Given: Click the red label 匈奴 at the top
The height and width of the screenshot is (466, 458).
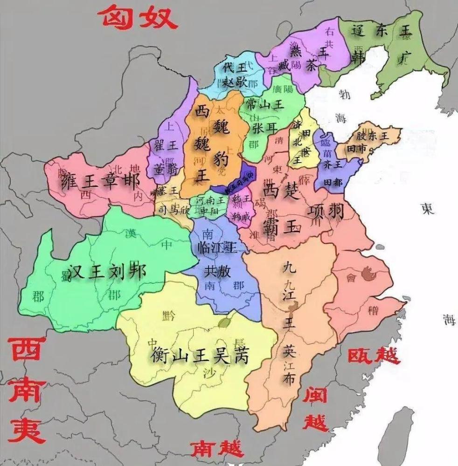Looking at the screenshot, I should click(137, 18).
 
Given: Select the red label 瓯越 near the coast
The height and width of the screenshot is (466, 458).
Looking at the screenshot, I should click(374, 356).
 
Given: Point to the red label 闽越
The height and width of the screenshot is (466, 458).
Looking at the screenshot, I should click(316, 409).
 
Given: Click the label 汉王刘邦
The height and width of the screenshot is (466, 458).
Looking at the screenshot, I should click(106, 271).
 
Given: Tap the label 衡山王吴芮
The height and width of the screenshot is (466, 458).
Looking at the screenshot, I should click(200, 356).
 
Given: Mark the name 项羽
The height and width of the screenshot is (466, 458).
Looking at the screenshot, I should click(326, 212).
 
